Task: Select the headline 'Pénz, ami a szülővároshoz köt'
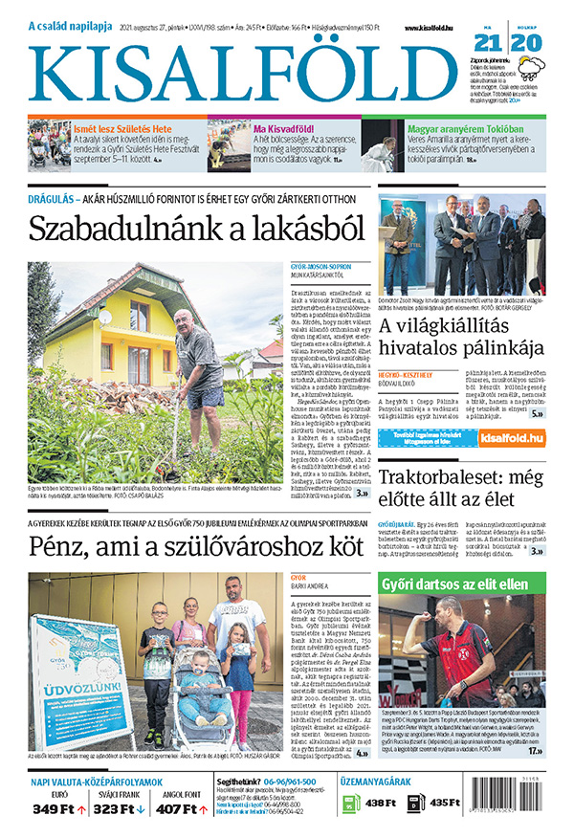tap(196, 546)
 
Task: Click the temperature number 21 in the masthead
tap(488, 43)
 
